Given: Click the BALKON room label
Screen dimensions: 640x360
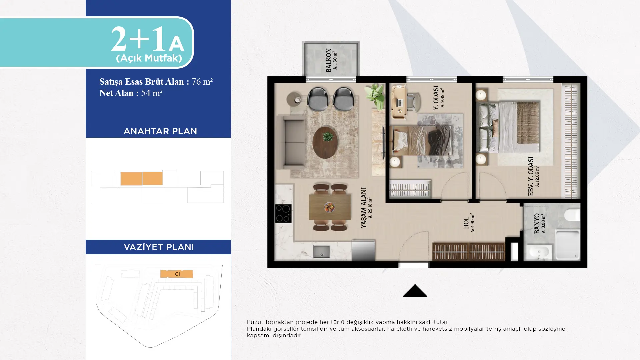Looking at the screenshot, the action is (x=329, y=60).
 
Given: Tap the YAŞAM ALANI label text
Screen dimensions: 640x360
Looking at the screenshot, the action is (x=364, y=208).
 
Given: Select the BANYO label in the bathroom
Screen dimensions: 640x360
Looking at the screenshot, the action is (x=537, y=223).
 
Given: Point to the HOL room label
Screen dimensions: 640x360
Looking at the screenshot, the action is (x=466, y=223).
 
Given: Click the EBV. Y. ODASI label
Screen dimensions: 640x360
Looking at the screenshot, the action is (x=531, y=176).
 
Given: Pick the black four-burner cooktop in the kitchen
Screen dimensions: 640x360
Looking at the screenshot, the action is (x=283, y=213).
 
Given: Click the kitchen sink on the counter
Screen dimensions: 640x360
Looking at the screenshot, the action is (x=321, y=252).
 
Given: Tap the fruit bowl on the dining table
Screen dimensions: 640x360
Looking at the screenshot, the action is (x=329, y=207).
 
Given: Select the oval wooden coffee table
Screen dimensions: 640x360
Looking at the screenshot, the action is (x=325, y=142).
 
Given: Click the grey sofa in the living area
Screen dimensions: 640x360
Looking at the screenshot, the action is (x=291, y=142).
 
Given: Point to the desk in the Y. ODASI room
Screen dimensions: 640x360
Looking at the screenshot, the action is (x=399, y=101).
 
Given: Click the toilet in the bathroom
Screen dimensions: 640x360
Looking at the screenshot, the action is (x=572, y=215).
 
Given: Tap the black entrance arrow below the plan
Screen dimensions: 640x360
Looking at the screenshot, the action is (x=415, y=291).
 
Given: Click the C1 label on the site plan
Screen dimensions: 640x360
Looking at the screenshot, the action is (x=178, y=274).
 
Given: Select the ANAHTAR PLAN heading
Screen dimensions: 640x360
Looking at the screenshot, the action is (x=160, y=131).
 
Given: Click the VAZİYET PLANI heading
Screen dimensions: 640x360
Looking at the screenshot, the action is (x=159, y=247).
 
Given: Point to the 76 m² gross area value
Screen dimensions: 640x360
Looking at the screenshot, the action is (x=202, y=82).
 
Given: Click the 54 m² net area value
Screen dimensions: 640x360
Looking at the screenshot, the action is (x=152, y=93).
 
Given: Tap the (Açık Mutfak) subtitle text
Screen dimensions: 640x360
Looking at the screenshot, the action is (x=149, y=58).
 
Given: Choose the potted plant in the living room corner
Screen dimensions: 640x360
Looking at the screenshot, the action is (x=375, y=96).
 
